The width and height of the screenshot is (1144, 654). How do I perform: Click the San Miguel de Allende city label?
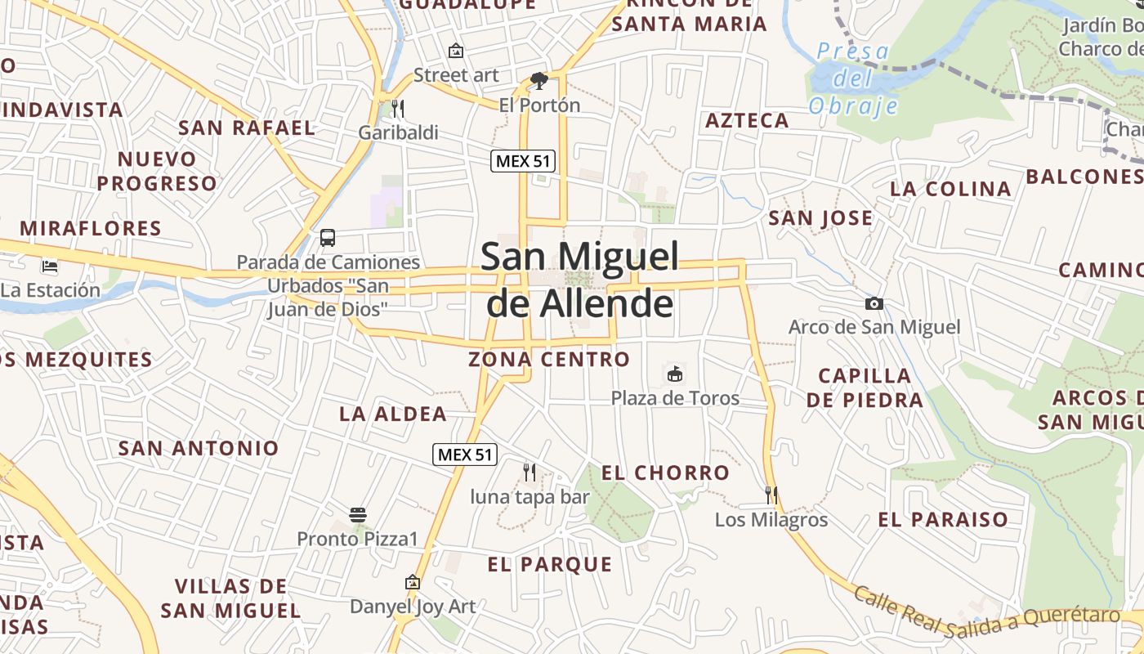click(579, 280)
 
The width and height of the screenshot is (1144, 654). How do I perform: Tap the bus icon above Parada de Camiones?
click(328, 238)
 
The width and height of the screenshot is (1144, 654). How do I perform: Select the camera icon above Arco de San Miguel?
click(874, 304)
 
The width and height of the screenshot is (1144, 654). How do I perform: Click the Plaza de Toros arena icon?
click(675, 374)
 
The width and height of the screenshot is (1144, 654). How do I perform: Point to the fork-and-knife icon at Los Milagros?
click(771, 495)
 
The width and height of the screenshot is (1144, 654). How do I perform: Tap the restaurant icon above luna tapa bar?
click(530, 472)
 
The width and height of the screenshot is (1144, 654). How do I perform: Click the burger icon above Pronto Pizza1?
click(357, 515)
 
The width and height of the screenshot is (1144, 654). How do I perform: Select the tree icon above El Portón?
click(539, 80)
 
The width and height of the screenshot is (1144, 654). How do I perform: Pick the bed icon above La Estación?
click(50, 266)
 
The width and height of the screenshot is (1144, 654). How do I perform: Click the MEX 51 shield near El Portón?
click(523, 161)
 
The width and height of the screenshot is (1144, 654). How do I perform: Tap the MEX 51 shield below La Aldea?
click(465, 455)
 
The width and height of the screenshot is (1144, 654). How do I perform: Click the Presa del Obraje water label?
click(853, 79)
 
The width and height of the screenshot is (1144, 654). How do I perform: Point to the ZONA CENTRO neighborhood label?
click(549, 359)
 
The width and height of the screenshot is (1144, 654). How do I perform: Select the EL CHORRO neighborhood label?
click(665, 473)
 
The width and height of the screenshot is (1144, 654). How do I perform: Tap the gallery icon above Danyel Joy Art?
click(413, 583)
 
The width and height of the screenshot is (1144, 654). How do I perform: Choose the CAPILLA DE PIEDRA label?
click(865, 387)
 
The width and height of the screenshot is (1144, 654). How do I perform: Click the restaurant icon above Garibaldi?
click(398, 108)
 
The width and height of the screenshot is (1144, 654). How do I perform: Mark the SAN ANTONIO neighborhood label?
click(199, 448)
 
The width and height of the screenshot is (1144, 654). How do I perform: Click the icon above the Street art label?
click(456, 51)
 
